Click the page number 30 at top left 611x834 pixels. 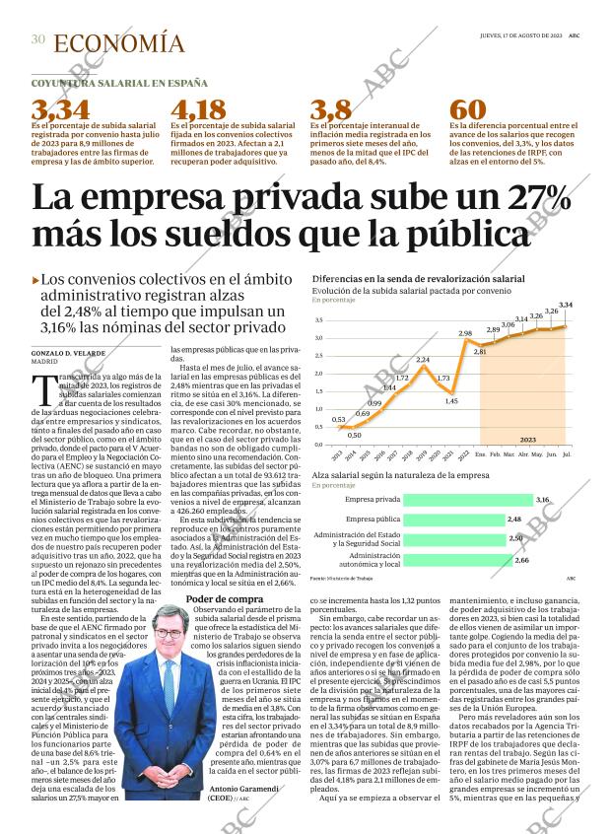(x=37, y=40)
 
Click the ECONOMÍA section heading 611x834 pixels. (x=118, y=43)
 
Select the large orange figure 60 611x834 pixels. (x=467, y=109)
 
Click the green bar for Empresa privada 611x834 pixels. (x=469, y=500)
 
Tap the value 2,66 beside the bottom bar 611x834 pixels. (x=522, y=560)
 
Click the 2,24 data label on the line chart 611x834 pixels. (x=423, y=359)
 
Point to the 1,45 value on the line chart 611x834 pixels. (x=451, y=401)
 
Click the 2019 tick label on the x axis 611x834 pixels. (x=422, y=454)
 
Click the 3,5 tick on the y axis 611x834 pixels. (x=319, y=320)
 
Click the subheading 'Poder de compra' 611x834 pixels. (x=211, y=598)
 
